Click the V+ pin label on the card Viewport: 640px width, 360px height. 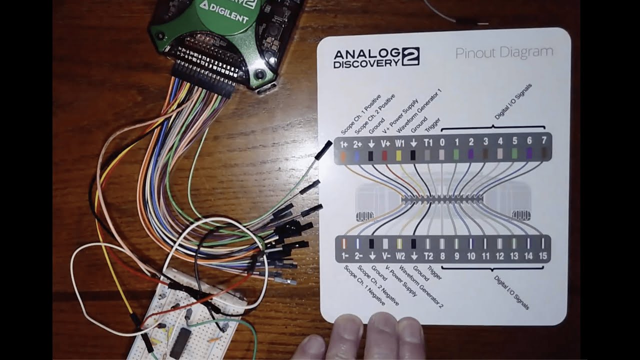(385, 143)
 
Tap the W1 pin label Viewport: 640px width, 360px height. (399, 143)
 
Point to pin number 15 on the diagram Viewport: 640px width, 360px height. (543, 256)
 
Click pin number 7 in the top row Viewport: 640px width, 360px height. (543, 141)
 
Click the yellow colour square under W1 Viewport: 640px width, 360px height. (399, 155)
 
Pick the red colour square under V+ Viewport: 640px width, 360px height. (385, 155)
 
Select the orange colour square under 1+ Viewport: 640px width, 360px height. (343, 155)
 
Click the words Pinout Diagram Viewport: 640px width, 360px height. (504, 52)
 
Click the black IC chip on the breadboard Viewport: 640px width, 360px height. (179, 342)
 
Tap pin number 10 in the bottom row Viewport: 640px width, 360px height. (471, 256)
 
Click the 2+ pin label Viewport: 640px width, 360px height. (357, 143)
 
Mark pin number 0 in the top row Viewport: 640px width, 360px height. (442, 142)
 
